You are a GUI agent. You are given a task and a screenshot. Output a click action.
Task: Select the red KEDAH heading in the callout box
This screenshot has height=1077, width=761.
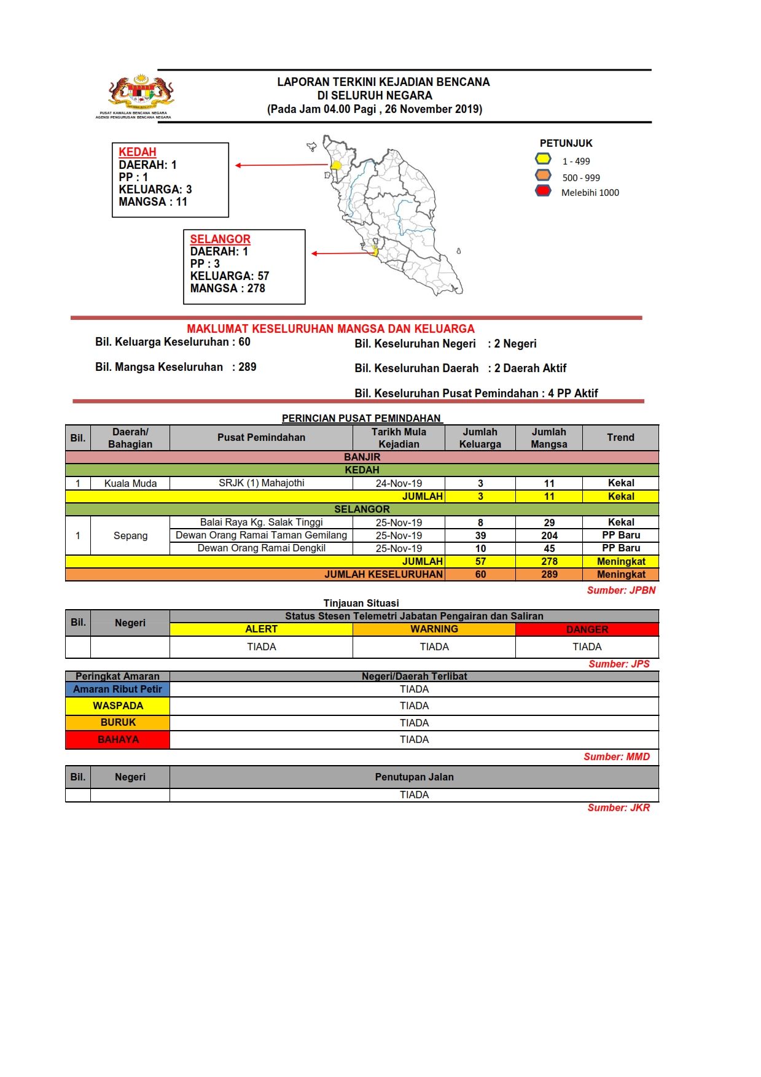138,152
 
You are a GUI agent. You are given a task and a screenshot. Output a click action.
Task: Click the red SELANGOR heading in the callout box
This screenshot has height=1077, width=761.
220,239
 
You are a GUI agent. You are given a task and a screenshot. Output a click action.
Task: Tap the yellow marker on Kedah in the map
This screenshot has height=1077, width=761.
336,165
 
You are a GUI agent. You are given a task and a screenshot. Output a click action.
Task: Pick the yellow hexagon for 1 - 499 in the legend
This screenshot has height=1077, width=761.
543,159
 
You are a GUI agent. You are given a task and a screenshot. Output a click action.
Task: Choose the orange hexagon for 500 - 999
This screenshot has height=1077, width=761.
543,175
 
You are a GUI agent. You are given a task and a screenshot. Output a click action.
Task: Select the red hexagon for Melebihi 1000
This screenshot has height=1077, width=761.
543,190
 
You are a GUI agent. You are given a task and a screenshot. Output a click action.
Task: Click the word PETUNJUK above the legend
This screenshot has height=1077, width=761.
566,143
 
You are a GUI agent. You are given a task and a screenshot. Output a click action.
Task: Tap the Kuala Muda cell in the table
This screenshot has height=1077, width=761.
130,483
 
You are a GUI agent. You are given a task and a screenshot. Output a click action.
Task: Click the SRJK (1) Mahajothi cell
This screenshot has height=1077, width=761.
261,483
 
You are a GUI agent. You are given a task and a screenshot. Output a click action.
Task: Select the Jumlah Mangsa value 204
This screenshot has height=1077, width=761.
549,535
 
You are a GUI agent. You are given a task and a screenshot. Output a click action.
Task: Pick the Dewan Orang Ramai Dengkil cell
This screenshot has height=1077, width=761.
261,548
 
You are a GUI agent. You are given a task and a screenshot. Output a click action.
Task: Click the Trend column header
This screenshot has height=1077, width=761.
620,437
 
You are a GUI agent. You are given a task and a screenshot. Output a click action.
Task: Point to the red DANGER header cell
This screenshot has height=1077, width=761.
587,629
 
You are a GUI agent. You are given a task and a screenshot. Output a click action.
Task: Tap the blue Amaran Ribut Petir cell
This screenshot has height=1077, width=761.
117,689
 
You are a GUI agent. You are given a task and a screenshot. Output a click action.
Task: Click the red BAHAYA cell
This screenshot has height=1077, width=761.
118,739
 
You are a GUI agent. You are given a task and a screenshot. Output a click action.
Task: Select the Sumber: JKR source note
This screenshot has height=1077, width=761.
618,807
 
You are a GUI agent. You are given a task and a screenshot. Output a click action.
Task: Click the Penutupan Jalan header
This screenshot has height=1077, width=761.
414,777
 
